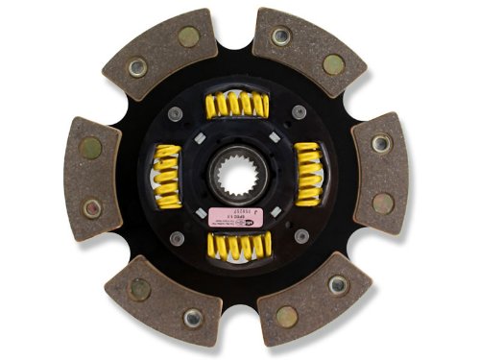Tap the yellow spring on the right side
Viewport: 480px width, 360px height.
(307, 173)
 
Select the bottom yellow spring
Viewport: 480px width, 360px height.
(240, 247)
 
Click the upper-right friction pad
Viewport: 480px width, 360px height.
(307, 52)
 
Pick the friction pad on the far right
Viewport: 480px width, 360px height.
(380, 173)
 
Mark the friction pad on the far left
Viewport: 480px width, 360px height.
(90, 178)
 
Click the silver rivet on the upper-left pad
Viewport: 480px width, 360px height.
(137, 67)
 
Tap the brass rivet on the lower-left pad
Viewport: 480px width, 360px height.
(140, 287)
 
